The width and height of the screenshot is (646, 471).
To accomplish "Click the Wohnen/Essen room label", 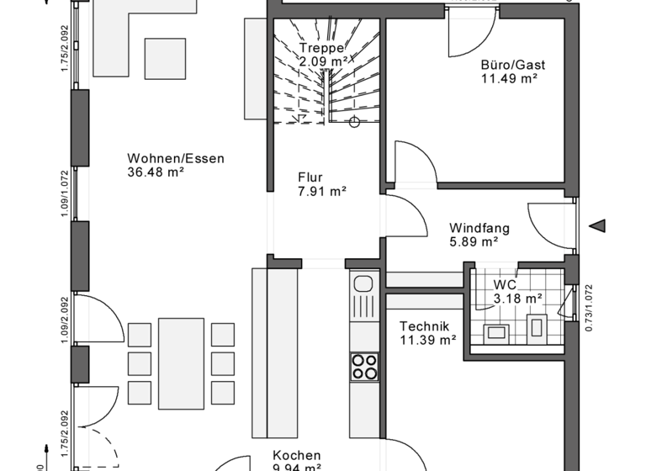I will coord(177,158).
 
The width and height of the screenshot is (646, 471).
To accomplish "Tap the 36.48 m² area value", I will coord(156,173).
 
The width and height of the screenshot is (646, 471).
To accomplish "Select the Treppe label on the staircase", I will coord(321,48).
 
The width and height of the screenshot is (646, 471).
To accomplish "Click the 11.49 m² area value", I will coord(509,79).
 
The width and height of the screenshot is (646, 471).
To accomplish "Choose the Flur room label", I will coord(310,177).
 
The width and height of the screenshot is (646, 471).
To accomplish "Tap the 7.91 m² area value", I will coord(322,192).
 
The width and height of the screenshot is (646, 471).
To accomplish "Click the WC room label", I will coord(506,284).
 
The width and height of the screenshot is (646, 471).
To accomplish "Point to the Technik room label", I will coord(425,326).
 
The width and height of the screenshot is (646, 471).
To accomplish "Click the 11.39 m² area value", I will coord(427,341).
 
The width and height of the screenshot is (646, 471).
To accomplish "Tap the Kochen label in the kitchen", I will coord(296,455).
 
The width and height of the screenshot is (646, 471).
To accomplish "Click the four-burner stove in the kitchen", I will coord(364,366).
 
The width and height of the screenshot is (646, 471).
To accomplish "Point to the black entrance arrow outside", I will coord(598,226).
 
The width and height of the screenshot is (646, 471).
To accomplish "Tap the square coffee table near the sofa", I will coord(164,58).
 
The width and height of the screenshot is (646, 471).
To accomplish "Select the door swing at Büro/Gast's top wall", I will coord(469,34).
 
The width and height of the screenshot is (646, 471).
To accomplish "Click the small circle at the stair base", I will coord(355,122).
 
